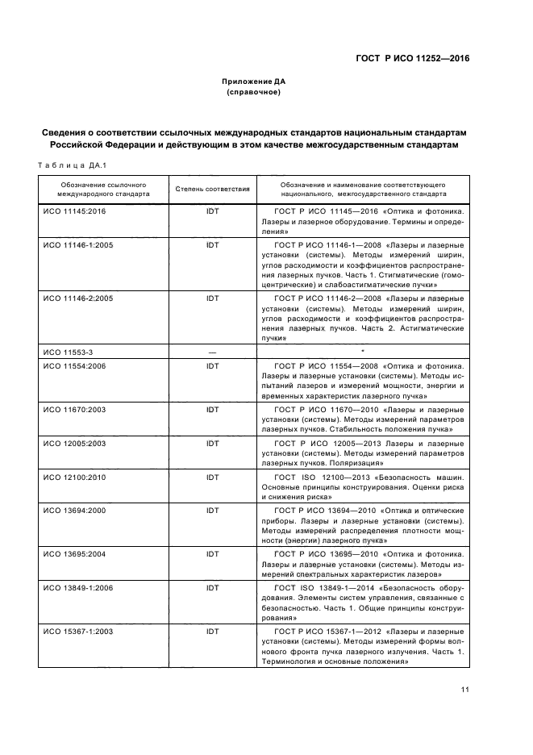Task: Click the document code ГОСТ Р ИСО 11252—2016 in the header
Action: (x=412, y=59)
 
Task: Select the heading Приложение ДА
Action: (x=254, y=81)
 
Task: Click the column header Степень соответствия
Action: (x=212, y=190)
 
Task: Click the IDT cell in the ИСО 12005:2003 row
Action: (x=212, y=443)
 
